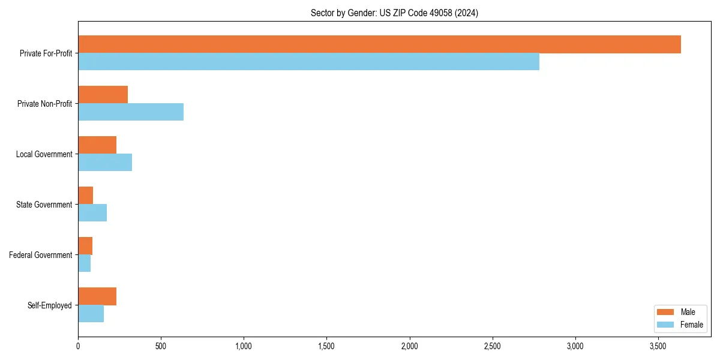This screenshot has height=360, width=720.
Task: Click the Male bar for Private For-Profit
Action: pyautogui.click(x=379, y=44)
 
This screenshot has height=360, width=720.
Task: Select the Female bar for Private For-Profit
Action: pyautogui.click(x=308, y=61)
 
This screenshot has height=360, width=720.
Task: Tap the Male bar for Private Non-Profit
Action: pyautogui.click(x=103, y=95)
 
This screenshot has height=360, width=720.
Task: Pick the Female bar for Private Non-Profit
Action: pyautogui.click(x=131, y=112)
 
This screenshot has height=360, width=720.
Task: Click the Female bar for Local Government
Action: pyautogui.click(x=105, y=162)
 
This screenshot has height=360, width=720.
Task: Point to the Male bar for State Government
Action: pyautogui.click(x=85, y=196)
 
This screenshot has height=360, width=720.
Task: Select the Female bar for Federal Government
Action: pyautogui.click(x=84, y=263)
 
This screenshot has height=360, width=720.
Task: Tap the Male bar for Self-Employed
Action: pyautogui.click(x=97, y=296)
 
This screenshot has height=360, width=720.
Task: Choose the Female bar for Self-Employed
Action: pyautogui.click(x=91, y=313)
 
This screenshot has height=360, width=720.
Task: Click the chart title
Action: pyautogui.click(x=394, y=13)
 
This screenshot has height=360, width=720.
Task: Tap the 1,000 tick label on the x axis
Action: pyautogui.click(x=244, y=346)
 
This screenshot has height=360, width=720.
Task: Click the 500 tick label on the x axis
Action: pyautogui.click(x=161, y=346)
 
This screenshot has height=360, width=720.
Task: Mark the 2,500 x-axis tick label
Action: pyautogui.click(x=493, y=346)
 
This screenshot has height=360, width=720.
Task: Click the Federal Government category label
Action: pyautogui.click(x=41, y=255)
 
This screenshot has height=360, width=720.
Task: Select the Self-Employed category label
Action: pyautogui.click(x=50, y=305)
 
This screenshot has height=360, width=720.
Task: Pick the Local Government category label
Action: pyautogui.click(x=44, y=154)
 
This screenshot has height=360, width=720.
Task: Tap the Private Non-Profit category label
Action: pyautogui.click(x=44, y=104)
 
